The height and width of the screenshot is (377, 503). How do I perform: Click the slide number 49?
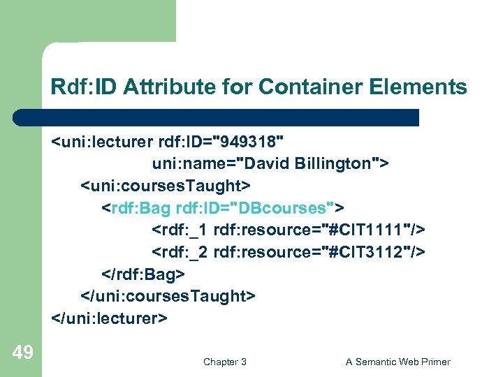pos(22,353)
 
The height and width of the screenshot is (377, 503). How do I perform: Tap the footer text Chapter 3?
pos(224,362)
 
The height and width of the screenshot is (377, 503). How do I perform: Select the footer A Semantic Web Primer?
pos(398,362)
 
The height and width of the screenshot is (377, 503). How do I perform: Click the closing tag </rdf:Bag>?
pos(143,274)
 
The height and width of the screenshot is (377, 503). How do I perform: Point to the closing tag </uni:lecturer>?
pos(109,318)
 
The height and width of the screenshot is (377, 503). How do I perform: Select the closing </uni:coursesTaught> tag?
pos(168,296)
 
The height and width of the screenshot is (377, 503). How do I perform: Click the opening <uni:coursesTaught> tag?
pos(166,186)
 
